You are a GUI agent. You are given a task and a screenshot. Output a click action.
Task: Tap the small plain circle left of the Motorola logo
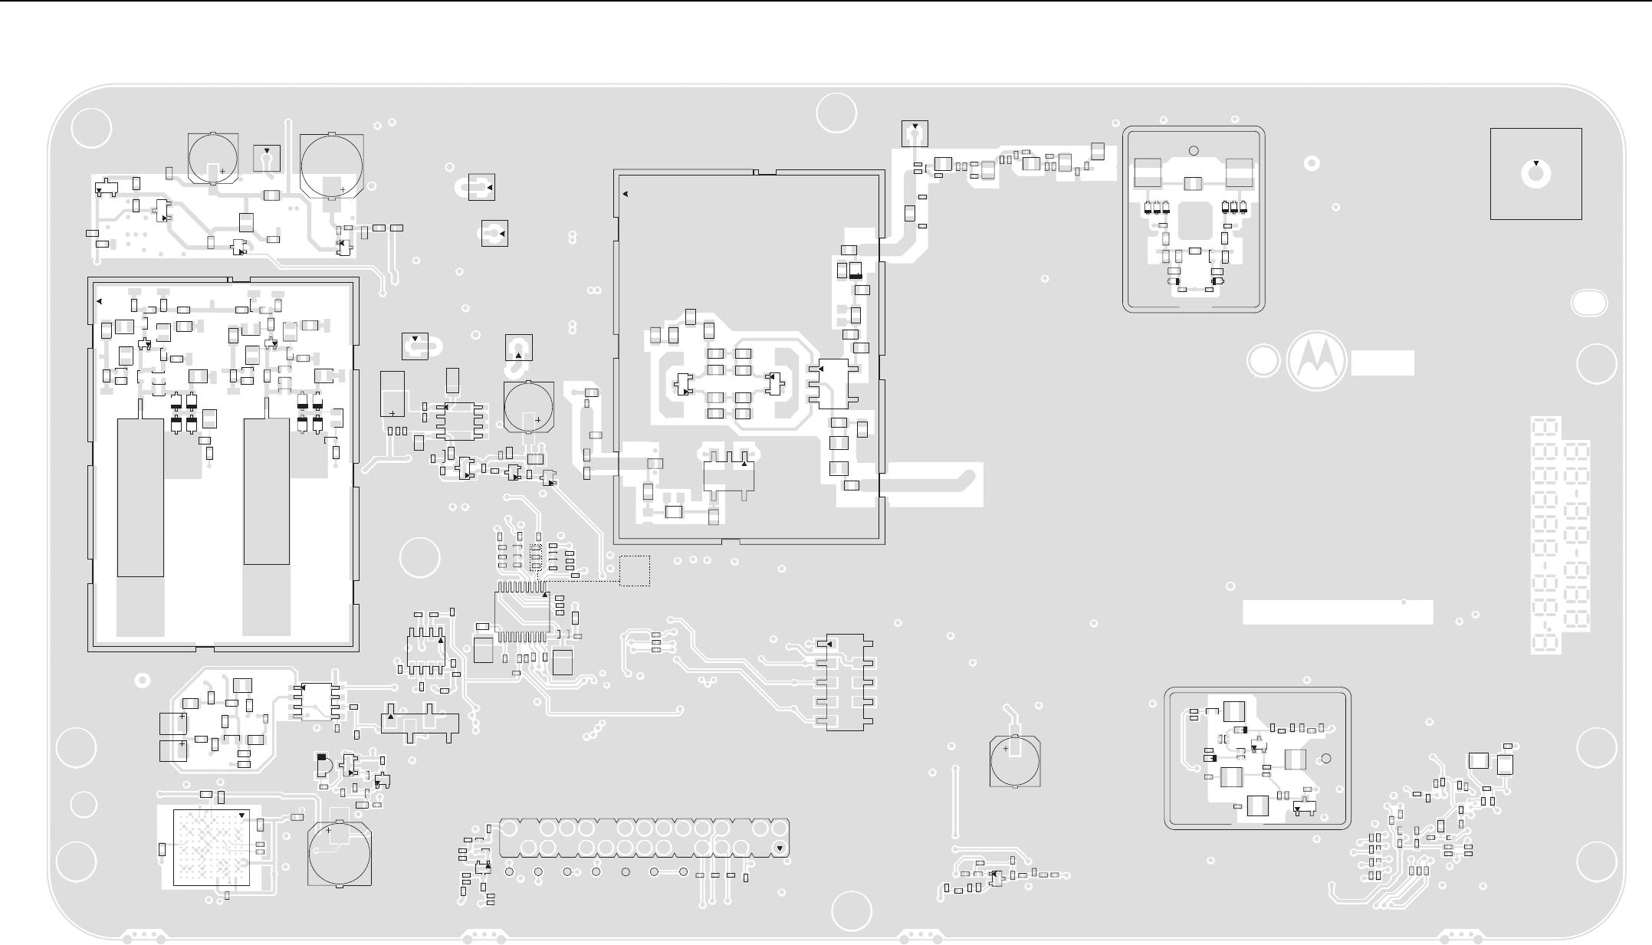[1263, 361]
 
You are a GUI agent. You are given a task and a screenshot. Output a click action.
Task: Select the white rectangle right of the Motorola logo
[1382, 363]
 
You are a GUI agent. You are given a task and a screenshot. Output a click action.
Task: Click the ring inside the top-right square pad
[1535, 176]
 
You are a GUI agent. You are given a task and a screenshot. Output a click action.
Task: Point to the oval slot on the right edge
[1589, 303]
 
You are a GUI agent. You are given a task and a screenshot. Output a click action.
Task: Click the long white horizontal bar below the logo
[1337, 612]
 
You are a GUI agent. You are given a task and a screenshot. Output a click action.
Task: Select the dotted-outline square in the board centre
[635, 571]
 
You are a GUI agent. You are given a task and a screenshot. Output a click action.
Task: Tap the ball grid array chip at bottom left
[211, 847]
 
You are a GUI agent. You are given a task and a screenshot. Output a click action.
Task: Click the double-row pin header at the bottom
[644, 838]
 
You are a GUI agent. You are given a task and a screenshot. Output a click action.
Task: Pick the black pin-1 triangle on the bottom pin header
[779, 848]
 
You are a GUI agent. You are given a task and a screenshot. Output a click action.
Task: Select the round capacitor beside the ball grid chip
[340, 854]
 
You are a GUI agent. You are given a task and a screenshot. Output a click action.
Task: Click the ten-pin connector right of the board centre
[845, 682]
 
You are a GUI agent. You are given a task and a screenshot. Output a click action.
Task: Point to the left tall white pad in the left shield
[140, 497]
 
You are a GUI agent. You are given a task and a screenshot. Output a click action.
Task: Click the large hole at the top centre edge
[836, 113]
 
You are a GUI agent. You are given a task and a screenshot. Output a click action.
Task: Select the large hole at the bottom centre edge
[851, 911]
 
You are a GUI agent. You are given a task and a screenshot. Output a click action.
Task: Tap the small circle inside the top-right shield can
[1193, 150]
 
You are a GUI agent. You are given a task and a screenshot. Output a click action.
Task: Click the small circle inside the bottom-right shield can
[1327, 759]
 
